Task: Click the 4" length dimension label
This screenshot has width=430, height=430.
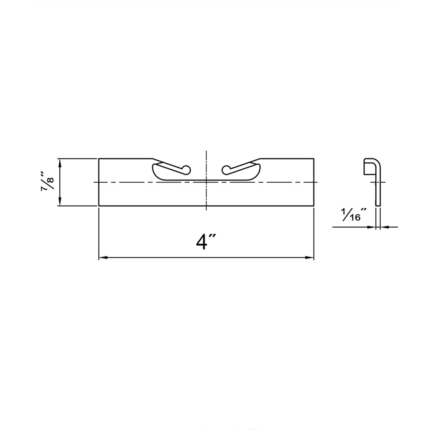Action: (x=205, y=242)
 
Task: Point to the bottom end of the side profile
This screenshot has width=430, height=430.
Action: (x=378, y=204)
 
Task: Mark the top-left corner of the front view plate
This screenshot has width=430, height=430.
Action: (x=99, y=159)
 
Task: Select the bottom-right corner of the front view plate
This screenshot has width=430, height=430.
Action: (x=314, y=206)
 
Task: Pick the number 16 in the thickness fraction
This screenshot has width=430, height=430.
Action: (x=355, y=218)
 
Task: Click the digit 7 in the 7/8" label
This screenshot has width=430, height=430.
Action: (x=45, y=188)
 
